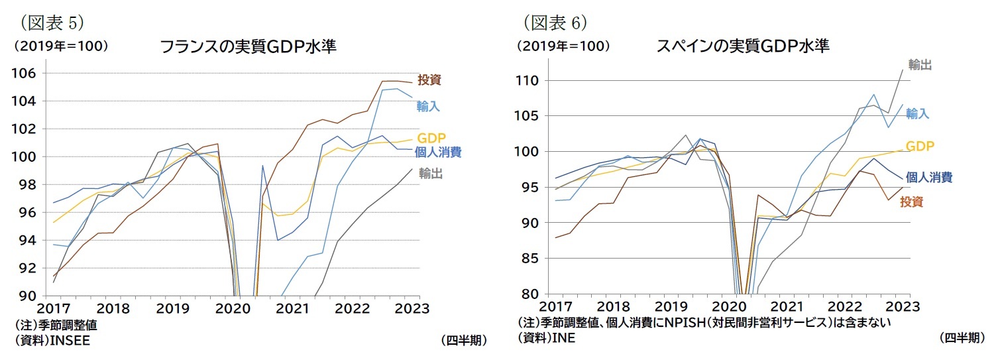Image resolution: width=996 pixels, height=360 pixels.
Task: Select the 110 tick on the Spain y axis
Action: tap(531, 81)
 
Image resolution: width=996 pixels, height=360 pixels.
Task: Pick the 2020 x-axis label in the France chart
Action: tap(234, 309)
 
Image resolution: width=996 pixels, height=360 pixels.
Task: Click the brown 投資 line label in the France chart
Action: tap(429, 80)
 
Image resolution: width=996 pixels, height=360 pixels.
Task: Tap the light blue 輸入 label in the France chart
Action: tap(428, 106)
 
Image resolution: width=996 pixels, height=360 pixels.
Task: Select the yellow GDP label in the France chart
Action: tap(431, 138)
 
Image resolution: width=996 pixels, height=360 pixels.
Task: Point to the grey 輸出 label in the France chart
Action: tap(431, 174)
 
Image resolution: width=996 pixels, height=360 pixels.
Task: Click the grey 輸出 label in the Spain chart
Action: tap(920, 65)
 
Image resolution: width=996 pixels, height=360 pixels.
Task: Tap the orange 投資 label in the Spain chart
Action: tap(911, 202)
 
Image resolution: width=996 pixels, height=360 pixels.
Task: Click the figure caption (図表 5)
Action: tap(49, 23)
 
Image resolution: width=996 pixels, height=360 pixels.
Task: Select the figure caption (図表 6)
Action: tap(553, 23)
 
